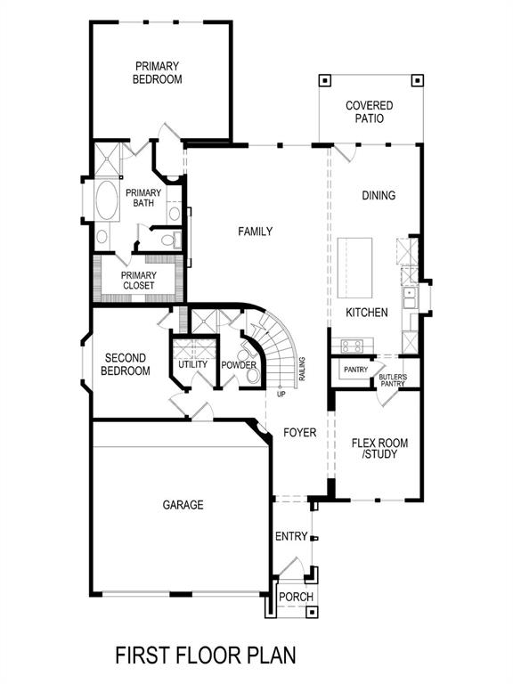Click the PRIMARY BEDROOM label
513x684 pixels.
158,72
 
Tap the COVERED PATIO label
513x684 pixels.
370,111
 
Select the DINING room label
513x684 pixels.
379,195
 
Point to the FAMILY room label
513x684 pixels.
255,232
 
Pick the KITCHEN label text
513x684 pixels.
367,313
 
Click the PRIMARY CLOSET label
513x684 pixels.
139,281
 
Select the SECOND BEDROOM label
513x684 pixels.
125,364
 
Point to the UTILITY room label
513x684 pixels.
192,364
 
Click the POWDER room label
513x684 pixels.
239,365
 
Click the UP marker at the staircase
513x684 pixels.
281,394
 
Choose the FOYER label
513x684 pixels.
300,433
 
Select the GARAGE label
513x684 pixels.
183,505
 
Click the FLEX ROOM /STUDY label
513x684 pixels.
374,448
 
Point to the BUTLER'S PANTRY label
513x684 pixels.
393,380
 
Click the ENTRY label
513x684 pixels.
291,536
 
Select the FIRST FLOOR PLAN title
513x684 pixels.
206,656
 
